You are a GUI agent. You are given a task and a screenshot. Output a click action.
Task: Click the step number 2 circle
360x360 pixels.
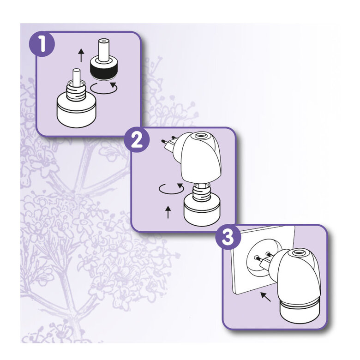coord(137,139)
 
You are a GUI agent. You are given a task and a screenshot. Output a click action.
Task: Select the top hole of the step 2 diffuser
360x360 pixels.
coord(200,137)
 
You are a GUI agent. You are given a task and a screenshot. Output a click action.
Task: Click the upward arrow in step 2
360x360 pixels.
coord(168,212)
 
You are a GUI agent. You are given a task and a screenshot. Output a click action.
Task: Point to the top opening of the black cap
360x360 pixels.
coord(103,46)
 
